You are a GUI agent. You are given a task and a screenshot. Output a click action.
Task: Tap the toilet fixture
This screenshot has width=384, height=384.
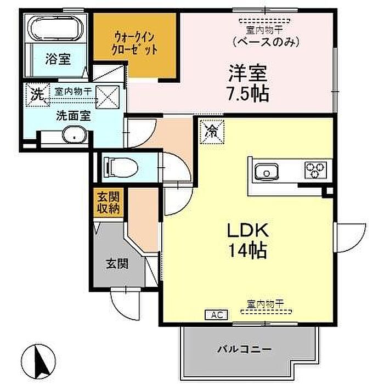click(x=121, y=167)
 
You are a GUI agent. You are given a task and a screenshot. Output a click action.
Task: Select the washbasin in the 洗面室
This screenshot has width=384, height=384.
click(x=75, y=135)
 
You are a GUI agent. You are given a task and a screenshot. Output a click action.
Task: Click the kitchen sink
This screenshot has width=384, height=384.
click(x=267, y=171)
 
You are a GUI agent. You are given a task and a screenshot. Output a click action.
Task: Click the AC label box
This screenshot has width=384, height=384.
click(x=216, y=315)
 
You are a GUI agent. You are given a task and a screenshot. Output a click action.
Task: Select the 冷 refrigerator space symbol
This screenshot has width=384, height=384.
click(x=212, y=132)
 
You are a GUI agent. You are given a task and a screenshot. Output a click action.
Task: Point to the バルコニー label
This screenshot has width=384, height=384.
click(x=245, y=349)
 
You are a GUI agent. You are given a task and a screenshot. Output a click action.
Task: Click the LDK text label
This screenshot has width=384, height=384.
click(x=248, y=230)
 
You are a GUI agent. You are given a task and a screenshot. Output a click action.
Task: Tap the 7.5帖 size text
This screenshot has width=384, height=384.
click(x=248, y=94)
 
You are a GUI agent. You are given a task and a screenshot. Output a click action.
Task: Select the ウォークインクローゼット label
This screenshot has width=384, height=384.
click(x=134, y=44)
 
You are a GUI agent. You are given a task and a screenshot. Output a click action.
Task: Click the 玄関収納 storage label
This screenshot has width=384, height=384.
click(x=109, y=202)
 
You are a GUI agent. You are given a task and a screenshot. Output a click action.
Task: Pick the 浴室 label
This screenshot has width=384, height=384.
click(x=58, y=59)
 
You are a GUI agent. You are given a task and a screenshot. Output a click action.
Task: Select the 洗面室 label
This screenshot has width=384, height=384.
click(x=74, y=116)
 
